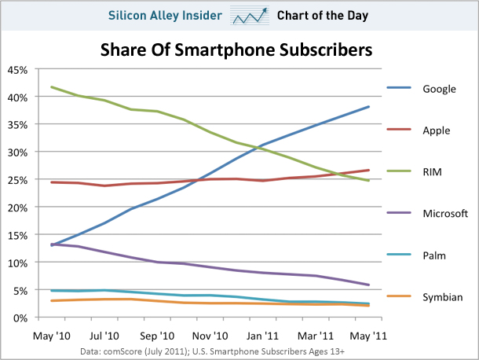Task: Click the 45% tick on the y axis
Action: coord(17,70)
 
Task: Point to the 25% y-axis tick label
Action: coord(17,179)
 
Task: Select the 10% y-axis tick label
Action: coord(17,262)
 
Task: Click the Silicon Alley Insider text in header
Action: coord(165,15)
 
